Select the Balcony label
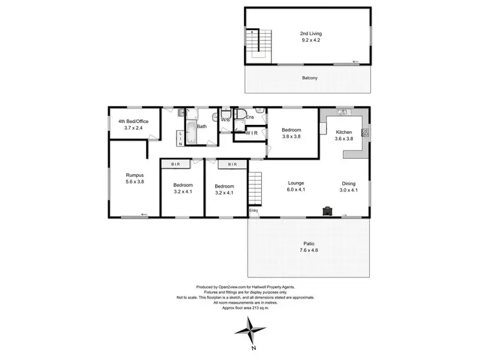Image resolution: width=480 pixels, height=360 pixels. coord(310,78)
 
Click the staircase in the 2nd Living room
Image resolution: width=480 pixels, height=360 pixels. coord(254,42)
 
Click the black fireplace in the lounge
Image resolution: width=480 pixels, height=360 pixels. coord(328,210)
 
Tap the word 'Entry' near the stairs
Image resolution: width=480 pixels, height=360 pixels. coord(254,210)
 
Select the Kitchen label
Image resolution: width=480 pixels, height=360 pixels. coord(344,131)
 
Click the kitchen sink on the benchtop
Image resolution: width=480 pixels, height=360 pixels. coord(343,114)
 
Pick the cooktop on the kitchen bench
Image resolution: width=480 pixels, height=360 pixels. coord(365,134)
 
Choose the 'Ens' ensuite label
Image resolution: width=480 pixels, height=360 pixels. coord(249,118)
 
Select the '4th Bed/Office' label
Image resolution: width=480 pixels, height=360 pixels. coord(132,121)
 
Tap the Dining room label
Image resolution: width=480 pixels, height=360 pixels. coord(348,183)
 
